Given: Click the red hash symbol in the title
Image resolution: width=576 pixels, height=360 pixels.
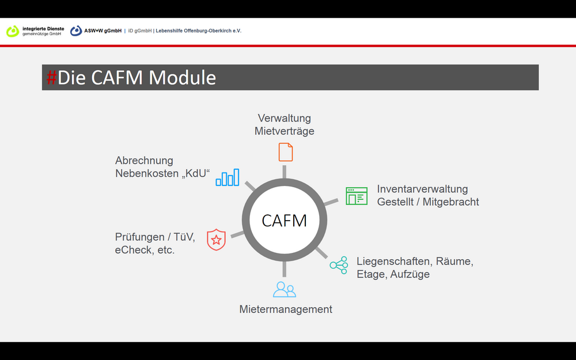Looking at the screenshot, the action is [x=51, y=78].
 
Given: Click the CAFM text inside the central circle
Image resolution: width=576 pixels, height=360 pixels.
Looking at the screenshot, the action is [x=284, y=221].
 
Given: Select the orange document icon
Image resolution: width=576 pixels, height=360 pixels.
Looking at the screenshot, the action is [x=286, y=152].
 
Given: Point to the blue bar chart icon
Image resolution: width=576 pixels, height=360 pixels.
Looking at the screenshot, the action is [x=228, y=177].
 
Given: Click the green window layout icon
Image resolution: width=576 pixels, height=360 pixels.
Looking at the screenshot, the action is [x=357, y=196].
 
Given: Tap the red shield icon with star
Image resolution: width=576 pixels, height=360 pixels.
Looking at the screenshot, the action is [x=216, y=240].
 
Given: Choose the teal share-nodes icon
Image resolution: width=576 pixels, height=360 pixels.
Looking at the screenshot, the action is [x=339, y=265].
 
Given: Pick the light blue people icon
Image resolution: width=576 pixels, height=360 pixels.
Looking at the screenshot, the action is [x=285, y=290].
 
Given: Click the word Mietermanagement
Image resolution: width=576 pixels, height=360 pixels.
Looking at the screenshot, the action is [x=286, y=309].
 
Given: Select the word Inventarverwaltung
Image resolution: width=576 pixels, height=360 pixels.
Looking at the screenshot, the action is [x=422, y=189].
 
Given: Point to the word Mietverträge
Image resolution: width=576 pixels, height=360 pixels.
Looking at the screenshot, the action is [x=285, y=131].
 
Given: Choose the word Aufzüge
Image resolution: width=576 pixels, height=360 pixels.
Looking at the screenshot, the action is [x=410, y=274].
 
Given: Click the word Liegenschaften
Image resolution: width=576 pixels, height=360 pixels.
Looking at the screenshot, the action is [x=394, y=262].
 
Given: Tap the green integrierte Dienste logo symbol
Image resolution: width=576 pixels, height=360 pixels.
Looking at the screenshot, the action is [x=13, y=31].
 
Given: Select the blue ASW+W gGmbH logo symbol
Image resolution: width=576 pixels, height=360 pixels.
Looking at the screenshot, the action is [x=76, y=31].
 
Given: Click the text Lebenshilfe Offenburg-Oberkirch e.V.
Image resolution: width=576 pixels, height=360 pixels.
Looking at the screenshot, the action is [x=198, y=31].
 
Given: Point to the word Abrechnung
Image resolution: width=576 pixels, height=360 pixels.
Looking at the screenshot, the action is [x=144, y=161].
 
